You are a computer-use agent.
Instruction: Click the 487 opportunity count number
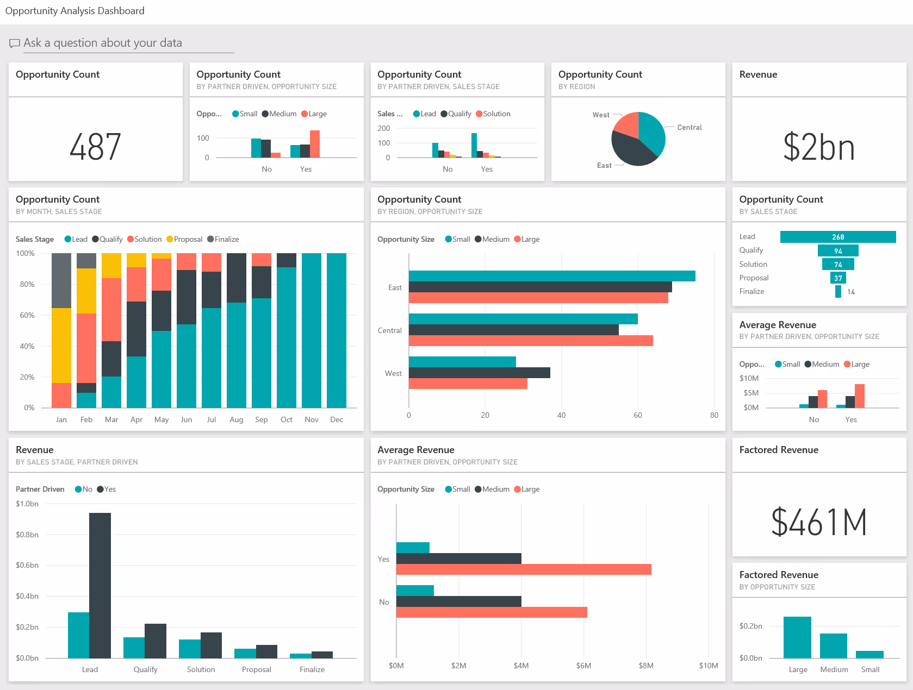[95, 147]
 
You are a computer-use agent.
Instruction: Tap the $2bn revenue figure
[818, 147]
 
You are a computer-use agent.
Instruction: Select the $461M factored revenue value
[818, 522]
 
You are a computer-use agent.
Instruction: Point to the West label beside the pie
[601, 115]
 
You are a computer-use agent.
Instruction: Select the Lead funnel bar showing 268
[837, 237]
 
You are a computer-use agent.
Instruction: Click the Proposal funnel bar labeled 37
[838, 278]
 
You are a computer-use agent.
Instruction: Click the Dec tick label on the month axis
[337, 419]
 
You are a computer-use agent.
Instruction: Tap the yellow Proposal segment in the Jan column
[61, 345]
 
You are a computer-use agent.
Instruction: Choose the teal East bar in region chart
[551, 276]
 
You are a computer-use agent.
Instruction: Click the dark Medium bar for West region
[479, 373]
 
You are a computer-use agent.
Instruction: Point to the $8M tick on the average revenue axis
[646, 666]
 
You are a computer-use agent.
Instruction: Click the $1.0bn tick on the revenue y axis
[27, 504]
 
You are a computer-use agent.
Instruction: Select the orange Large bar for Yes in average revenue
[523, 569]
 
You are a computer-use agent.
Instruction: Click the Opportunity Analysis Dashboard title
[75, 11]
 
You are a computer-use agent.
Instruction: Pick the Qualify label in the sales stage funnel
[751, 250]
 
